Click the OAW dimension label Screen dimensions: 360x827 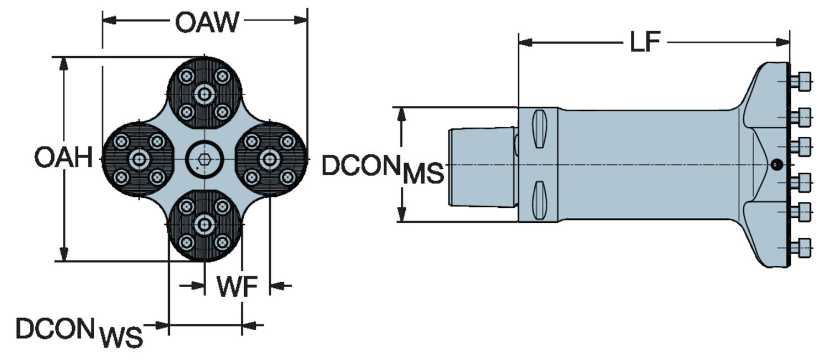[x=207, y=22]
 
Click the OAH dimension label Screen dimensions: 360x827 [x=63, y=158]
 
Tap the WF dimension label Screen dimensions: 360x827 [x=237, y=287]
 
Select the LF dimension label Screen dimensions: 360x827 [x=646, y=42]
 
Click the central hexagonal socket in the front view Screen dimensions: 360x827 [x=205, y=159]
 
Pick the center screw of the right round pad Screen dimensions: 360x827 [x=270, y=159]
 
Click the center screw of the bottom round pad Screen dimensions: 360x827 [x=205, y=224]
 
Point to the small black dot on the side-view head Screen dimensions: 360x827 [x=776, y=164]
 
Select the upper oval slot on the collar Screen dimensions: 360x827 [x=539, y=128]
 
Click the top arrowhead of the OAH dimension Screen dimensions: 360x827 [x=64, y=63]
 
